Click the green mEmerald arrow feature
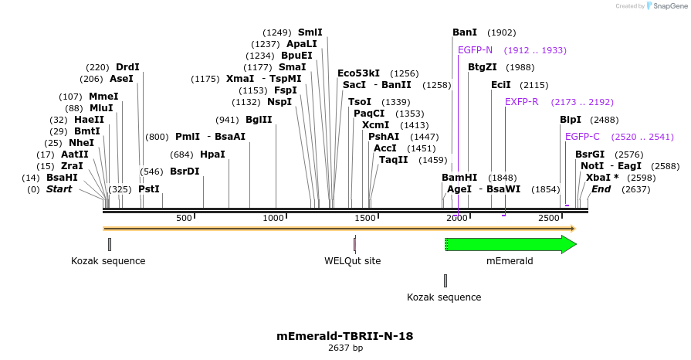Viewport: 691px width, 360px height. tap(510, 245)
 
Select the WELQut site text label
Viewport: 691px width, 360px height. tap(352, 261)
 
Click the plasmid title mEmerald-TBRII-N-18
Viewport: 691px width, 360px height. tap(345, 336)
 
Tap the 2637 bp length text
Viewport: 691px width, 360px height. tap(345, 348)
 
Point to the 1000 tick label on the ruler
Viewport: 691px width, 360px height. tap(275, 219)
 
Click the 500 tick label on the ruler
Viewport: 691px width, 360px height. tap(184, 219)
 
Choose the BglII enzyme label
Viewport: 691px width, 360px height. tap(259, 120)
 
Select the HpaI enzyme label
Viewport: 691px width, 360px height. tap(212, 155)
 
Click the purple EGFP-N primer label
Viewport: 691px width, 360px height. tap(475, 50)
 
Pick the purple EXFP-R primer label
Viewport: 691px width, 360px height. tap(522, 102)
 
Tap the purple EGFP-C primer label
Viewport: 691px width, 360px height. tap(582, 137)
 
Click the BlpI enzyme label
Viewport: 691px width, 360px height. tap(571, 120)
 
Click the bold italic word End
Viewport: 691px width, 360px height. tap(601, 189)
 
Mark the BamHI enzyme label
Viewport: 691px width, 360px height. tap(459, 178)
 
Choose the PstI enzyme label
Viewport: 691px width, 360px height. tap(149, 189)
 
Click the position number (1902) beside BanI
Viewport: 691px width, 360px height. tap(502, 32)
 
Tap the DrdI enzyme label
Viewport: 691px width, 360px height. tap(127, 67)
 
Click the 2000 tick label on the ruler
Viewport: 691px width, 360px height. tap(457, 219)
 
